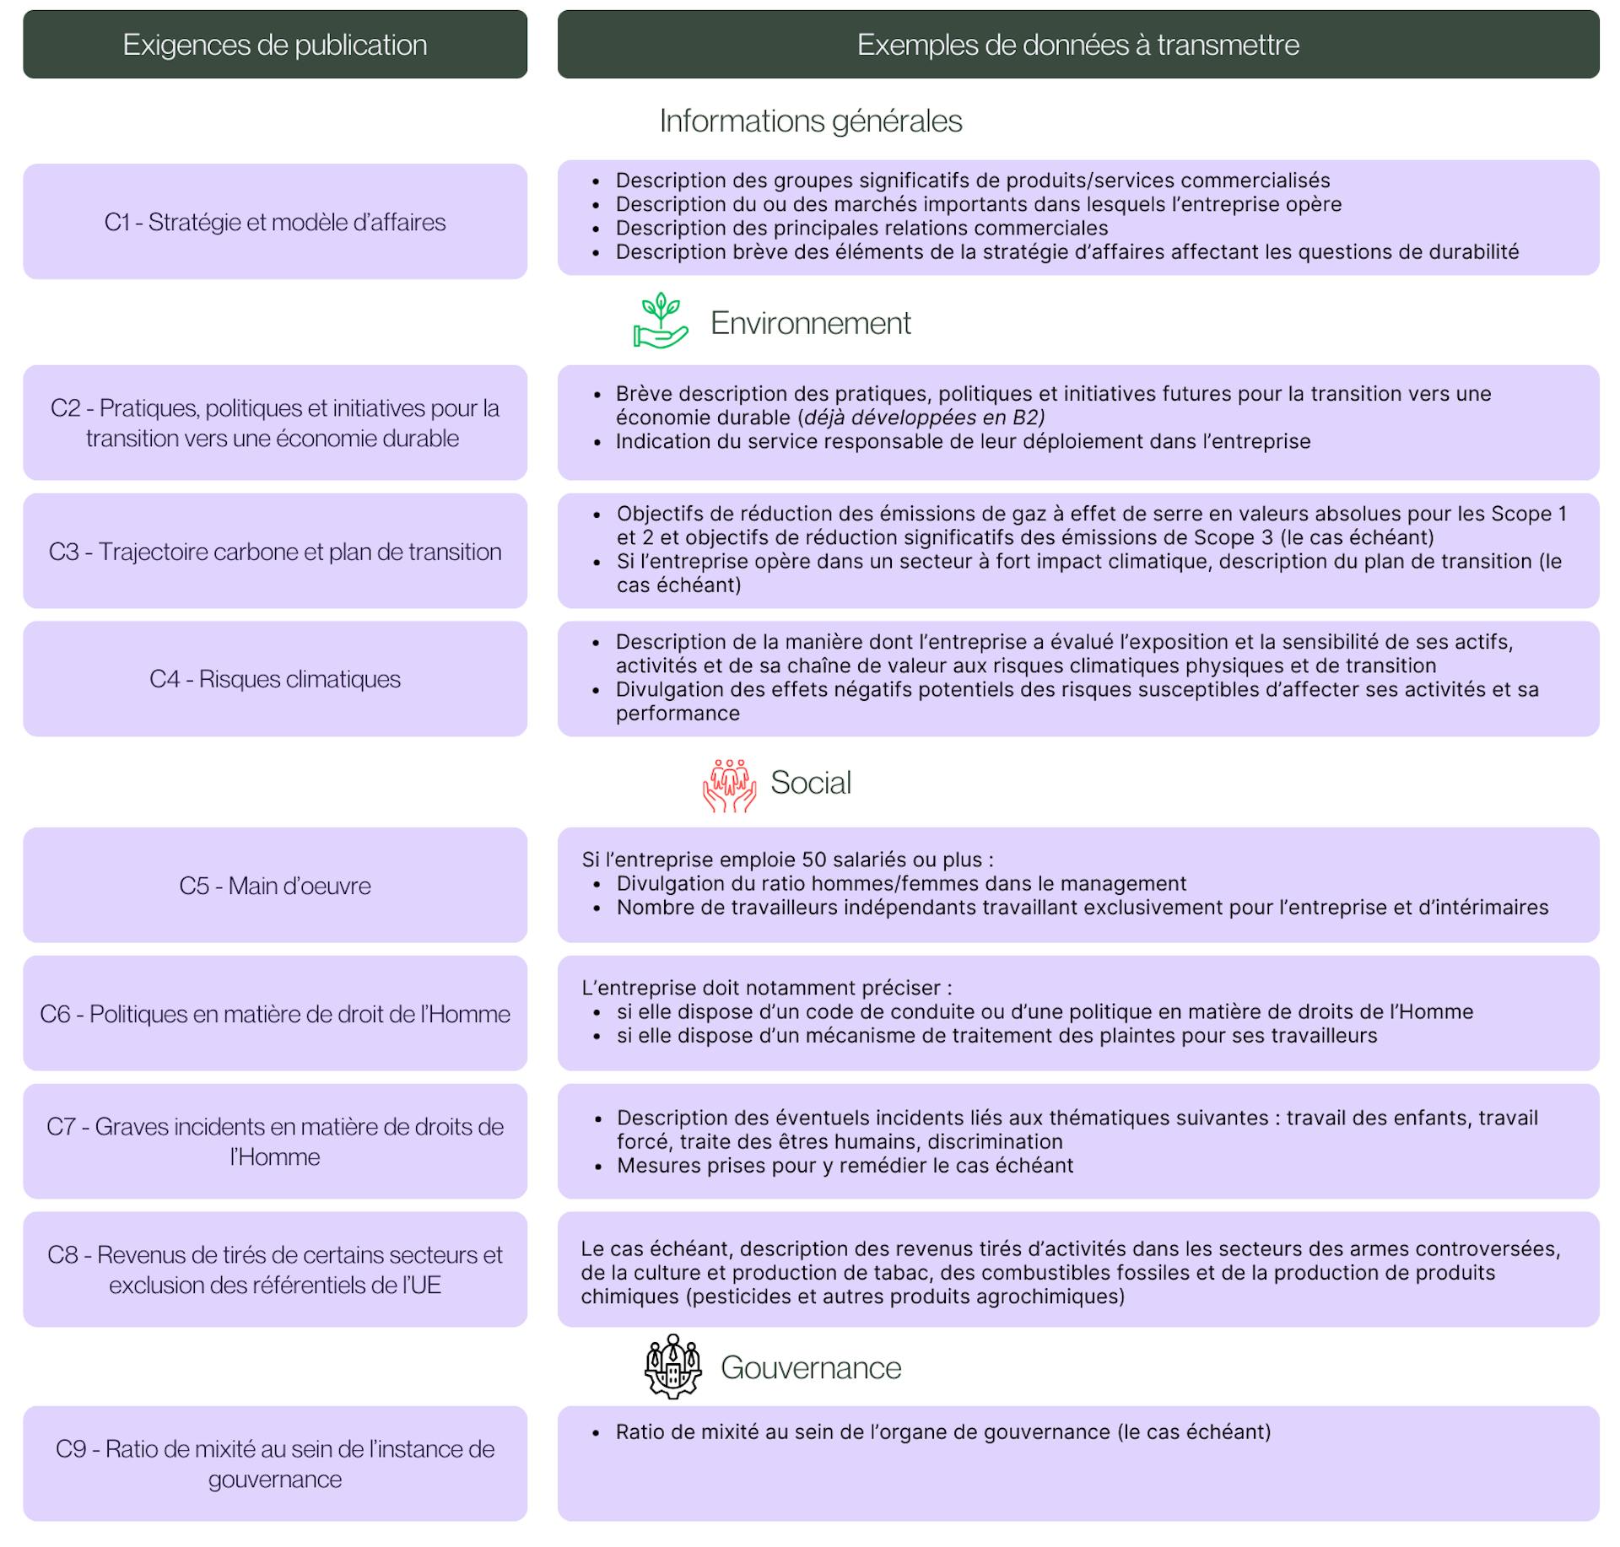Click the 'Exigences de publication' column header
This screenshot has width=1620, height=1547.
coord(275,45)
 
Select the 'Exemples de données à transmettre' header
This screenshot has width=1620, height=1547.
coord(1077,45)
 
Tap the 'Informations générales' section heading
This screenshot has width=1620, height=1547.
coord(810,121)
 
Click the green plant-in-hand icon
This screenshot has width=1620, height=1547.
coord(661,321)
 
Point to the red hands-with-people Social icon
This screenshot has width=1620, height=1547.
coord(729,784)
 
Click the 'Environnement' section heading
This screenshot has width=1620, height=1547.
coord(810,323)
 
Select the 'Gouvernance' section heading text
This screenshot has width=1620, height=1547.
coord(810,1367)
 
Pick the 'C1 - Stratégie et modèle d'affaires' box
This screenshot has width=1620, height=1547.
coord(275,222)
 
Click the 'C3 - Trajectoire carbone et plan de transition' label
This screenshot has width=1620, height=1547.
coord(275,552)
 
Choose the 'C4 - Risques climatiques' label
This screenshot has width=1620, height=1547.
coord(275,679)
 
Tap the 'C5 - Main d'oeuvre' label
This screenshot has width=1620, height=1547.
coord(275,886)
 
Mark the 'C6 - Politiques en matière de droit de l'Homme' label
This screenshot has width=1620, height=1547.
coord(275,1014)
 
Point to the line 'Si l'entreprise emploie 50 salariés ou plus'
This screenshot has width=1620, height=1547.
coord(787,860)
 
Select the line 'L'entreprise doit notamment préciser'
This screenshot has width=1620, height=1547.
coord(766,988)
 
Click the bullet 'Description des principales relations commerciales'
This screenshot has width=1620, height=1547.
coord(861,228)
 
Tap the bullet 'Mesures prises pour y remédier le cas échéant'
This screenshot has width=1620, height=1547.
coord(845,1166)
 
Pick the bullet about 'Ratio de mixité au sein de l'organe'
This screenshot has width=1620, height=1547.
coord(942,1431)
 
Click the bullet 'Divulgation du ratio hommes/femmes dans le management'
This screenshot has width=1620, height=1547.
coord(901,883)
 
